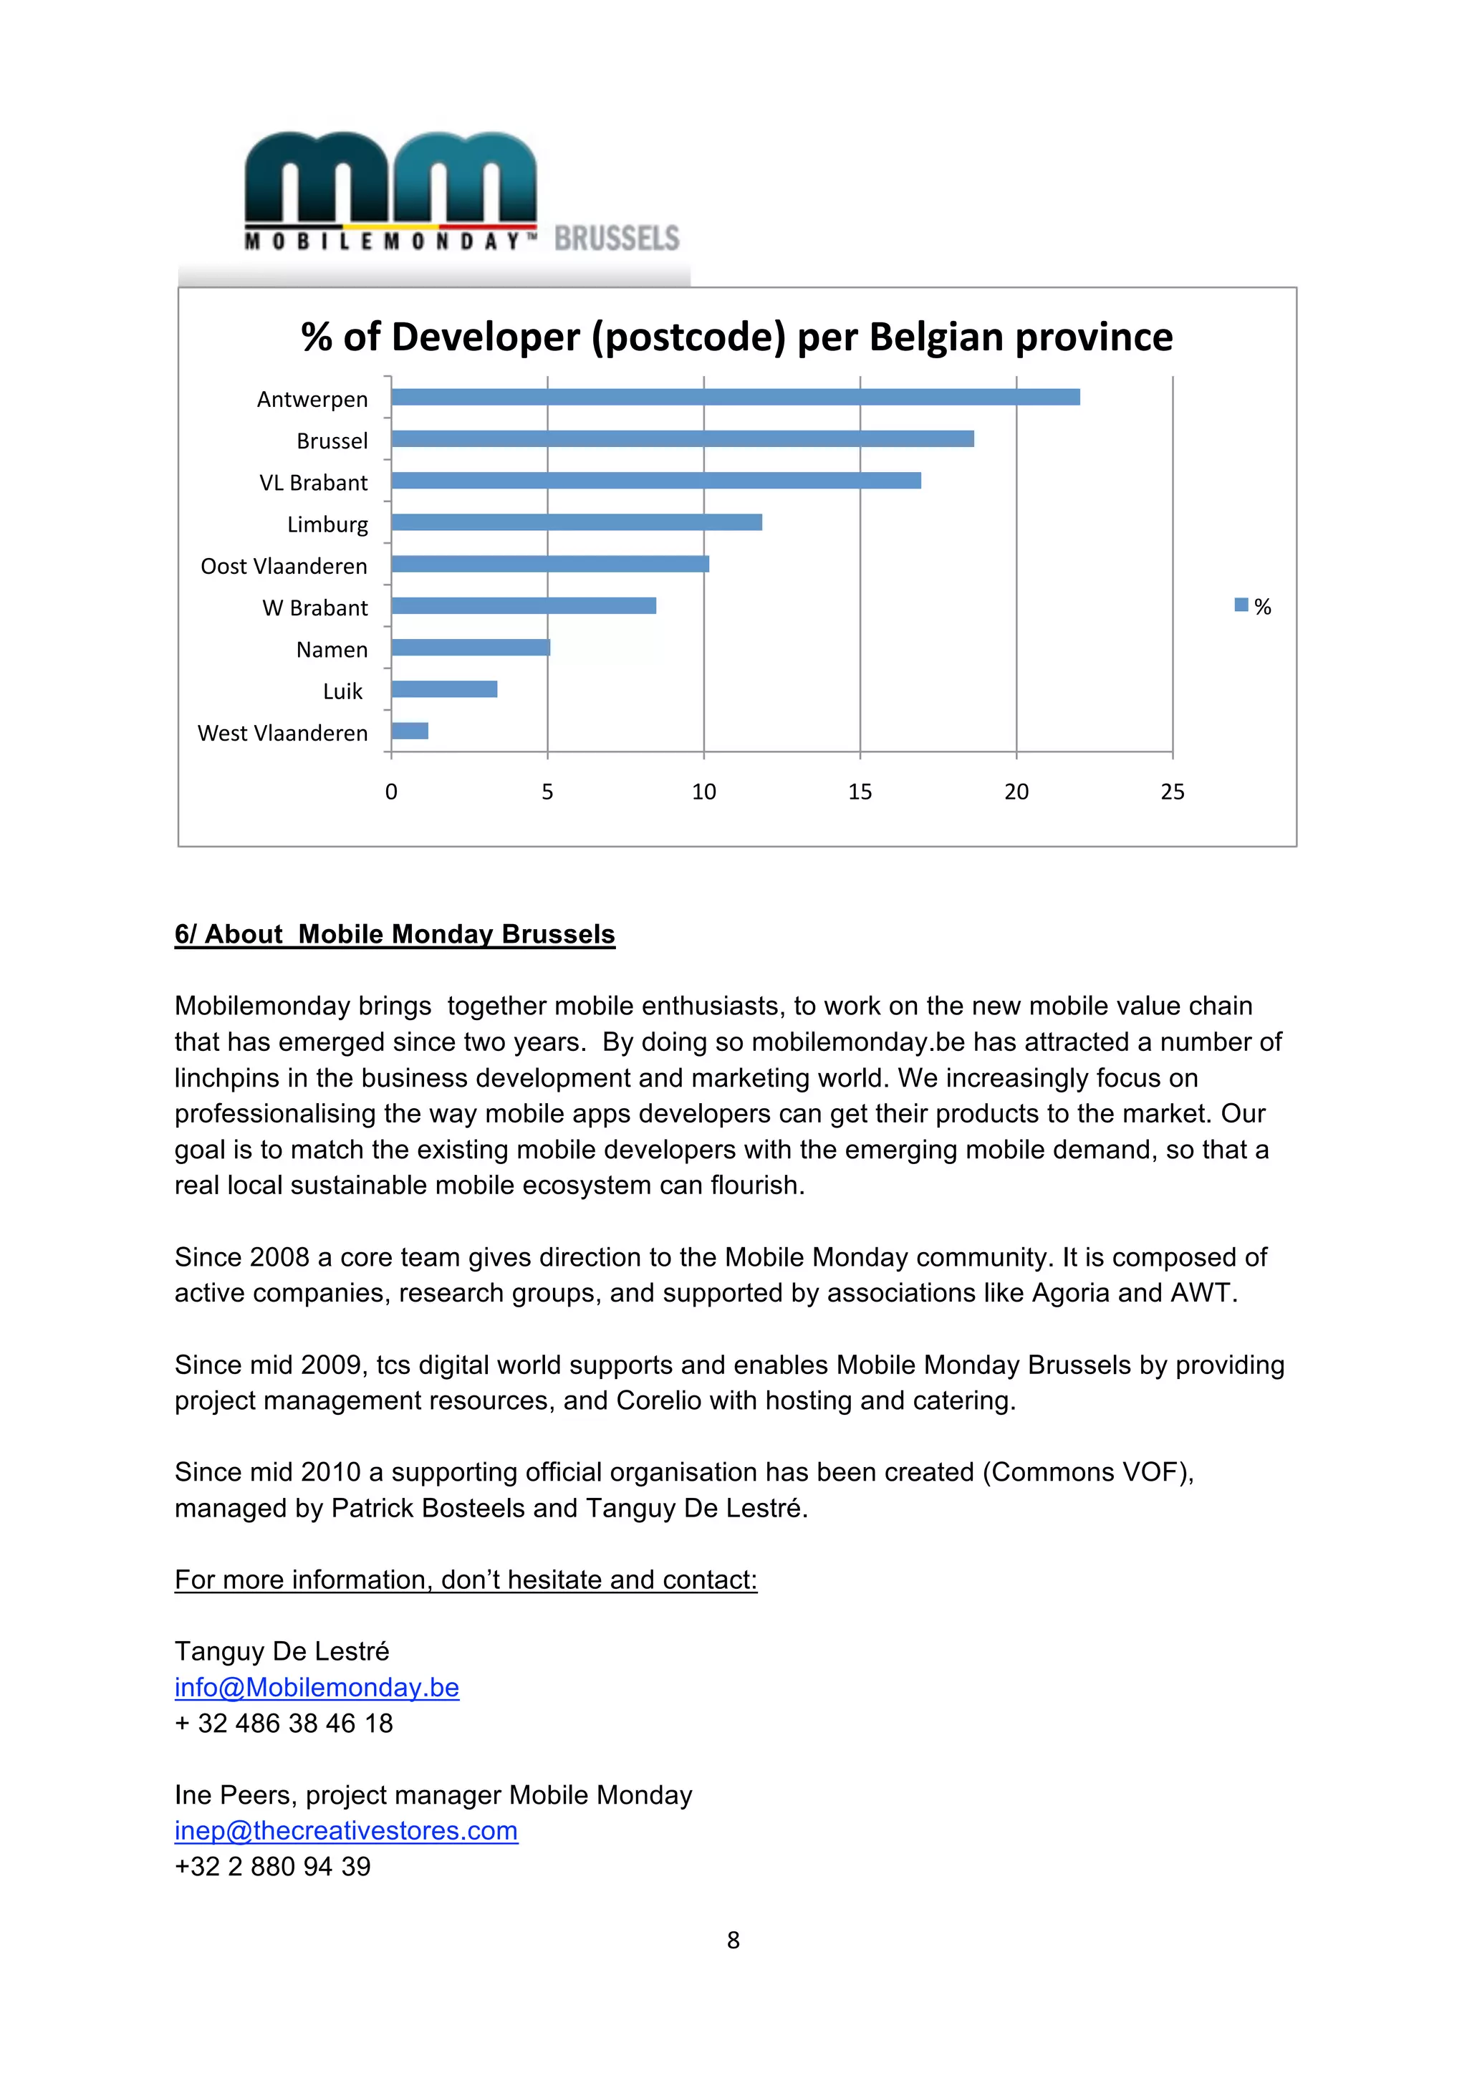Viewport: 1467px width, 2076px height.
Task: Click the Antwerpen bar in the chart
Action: (x=735, y=397)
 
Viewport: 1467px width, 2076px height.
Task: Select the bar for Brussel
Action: (x=683, y=438)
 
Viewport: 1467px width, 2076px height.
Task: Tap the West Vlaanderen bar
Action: (x=410, y=731)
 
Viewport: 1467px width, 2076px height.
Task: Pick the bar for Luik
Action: (x=444, y=689)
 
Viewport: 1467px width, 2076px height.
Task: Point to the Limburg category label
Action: (x=327, y=524)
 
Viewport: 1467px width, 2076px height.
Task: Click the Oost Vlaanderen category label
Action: (x=284, y=566)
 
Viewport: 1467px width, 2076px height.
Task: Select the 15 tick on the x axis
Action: (x=860, y=792)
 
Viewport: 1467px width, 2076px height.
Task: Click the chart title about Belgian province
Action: (x=736, y=337)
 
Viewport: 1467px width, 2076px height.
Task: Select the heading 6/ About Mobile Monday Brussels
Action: (x=394, y=934)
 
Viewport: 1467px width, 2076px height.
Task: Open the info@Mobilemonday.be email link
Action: (x=317, y=1687)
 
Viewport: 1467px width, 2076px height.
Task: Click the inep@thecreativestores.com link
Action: (x=346, y=1830)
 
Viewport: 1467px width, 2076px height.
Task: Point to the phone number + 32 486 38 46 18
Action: (x=284, y=1724)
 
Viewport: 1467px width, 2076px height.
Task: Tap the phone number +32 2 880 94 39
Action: (x=272, y=1866)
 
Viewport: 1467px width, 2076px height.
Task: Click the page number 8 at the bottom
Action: (x=733, y=1939)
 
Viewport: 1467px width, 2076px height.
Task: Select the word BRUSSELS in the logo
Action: (x=617, y=238)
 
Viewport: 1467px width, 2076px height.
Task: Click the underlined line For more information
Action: (x=466, y=1580)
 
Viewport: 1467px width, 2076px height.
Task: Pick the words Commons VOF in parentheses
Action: (x=1088, y=1472)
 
